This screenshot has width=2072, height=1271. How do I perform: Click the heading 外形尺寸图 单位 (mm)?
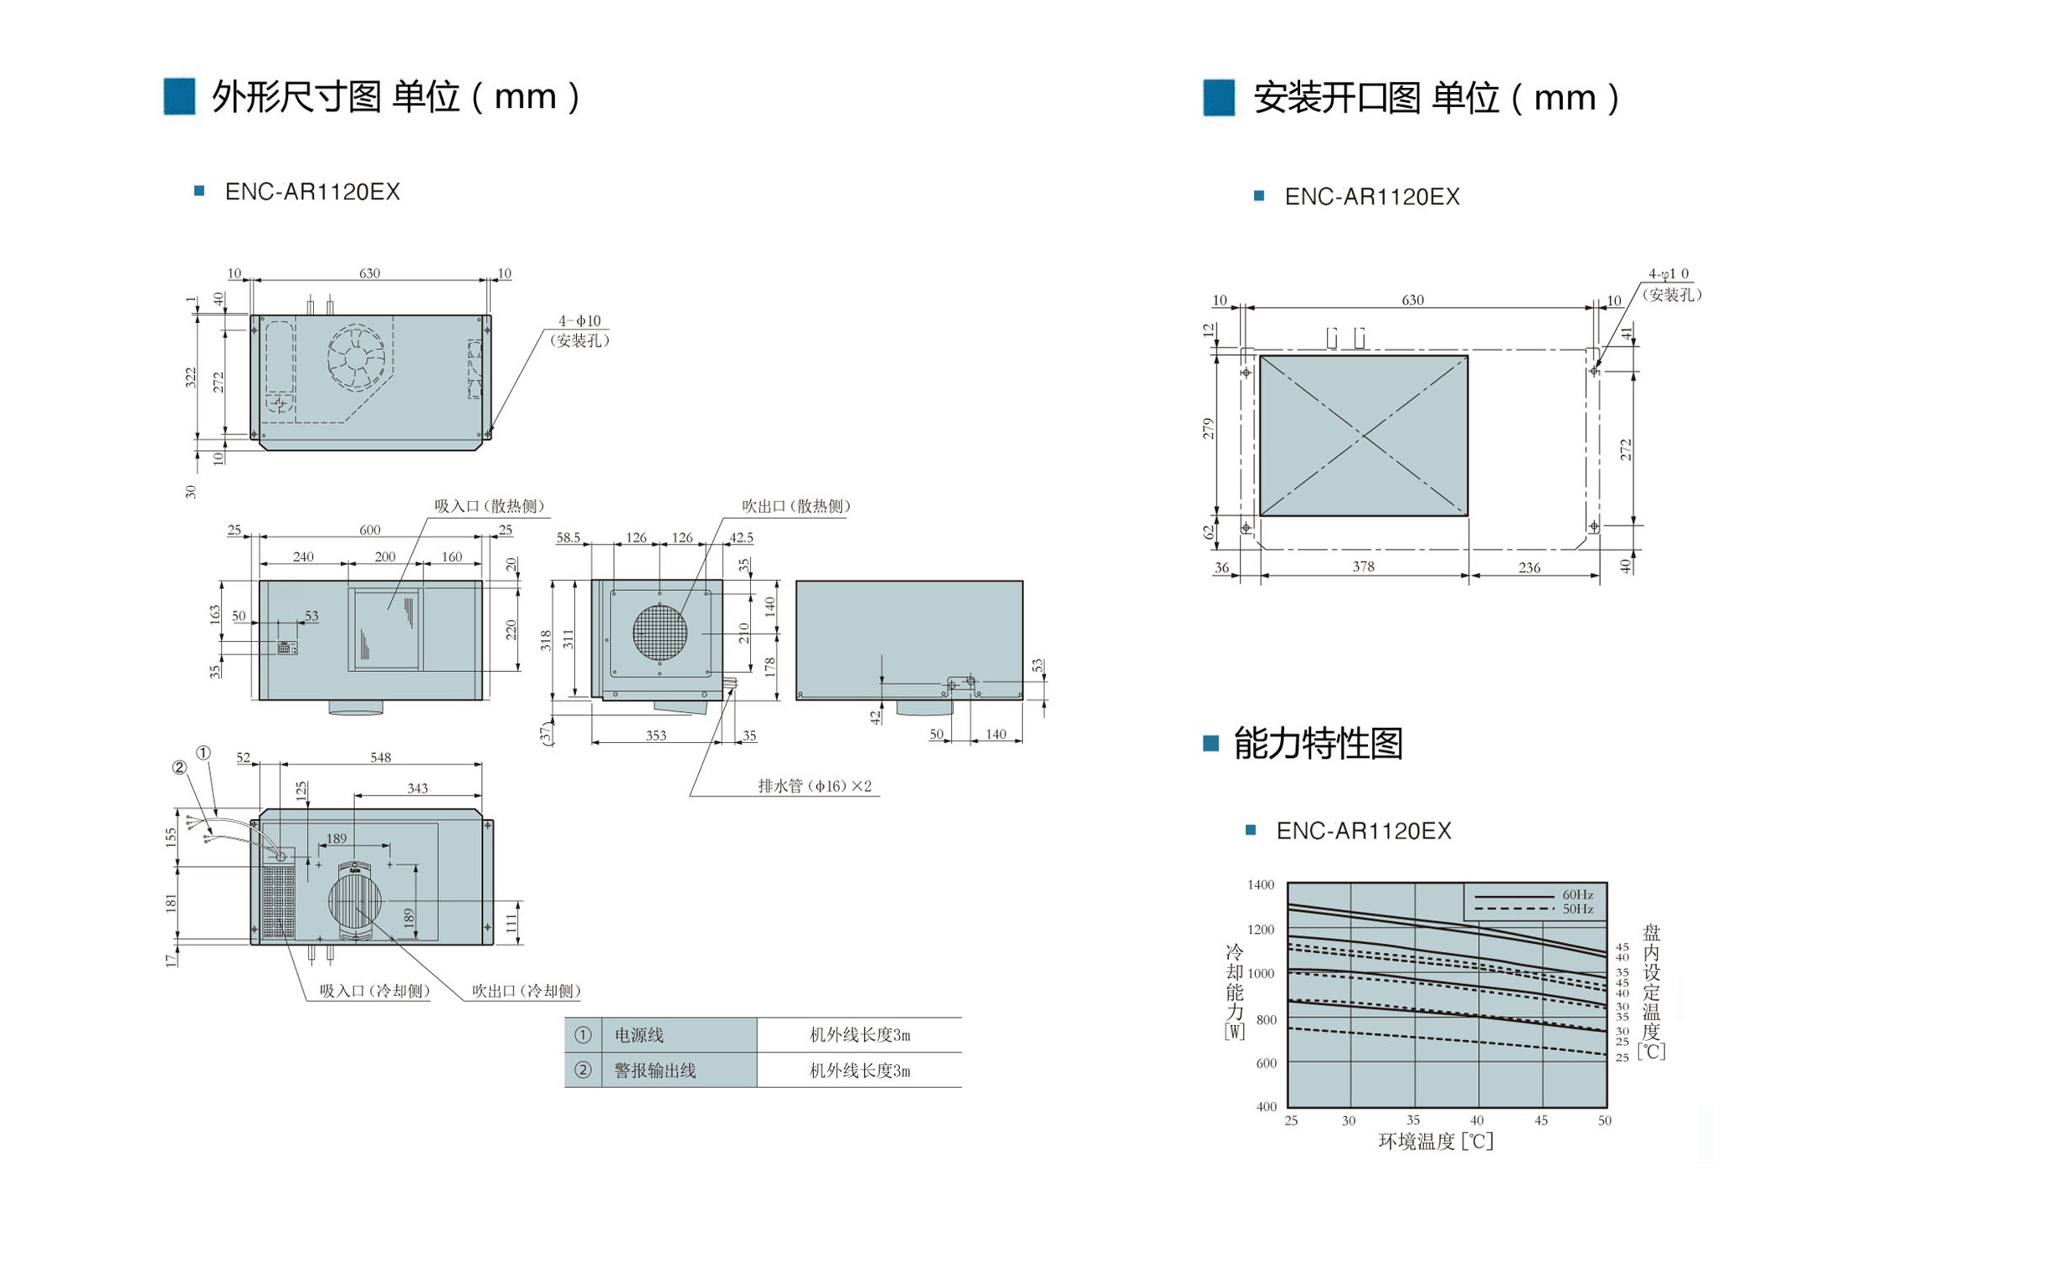395,97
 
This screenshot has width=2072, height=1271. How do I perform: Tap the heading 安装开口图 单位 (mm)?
1437,98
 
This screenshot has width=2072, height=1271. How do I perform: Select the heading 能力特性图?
1318,743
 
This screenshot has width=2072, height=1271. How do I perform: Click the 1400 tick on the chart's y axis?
1261,885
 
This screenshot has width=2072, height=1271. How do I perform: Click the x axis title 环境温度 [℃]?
1436,1140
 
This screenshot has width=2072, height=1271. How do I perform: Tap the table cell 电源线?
639,1035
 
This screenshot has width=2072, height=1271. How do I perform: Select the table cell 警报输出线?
655,1070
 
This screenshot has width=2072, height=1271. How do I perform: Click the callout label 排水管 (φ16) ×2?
815,786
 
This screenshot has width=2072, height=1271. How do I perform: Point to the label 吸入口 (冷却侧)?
375,991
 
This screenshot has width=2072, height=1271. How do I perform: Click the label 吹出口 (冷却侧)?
527,991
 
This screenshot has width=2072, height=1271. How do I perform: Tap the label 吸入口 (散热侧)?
490,506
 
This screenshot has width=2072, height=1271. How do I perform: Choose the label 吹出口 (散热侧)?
796,506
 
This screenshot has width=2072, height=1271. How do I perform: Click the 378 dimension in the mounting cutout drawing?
1363,566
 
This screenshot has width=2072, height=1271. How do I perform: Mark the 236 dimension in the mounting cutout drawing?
1530,567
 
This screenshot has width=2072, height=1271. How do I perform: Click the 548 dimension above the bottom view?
381,757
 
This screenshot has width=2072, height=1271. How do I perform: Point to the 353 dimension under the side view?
656,735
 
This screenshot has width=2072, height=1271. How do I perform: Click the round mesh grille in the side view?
661,633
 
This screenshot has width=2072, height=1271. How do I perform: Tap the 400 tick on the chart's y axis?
1267,1107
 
